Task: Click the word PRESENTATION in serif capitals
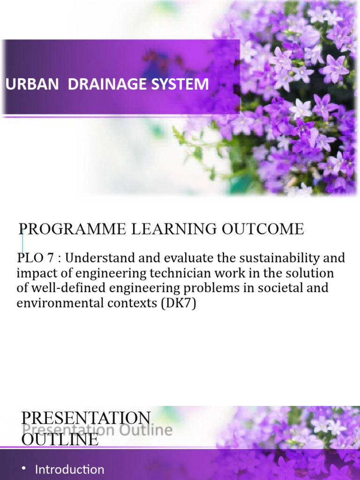click(x=86, y=418)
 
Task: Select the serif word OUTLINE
click(x=60, y=439)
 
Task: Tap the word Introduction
click(x=70, y=469)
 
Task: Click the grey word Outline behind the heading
click(x=149, y=430)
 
